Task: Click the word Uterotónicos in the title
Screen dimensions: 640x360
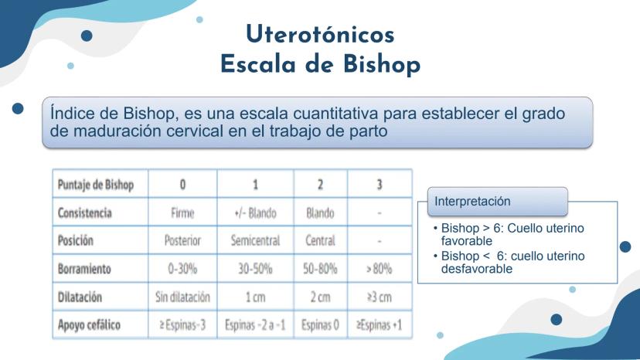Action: click(321, 34)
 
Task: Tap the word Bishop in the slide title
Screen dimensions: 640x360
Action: click(382, 65)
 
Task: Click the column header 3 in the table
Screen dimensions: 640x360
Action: click(380, 185)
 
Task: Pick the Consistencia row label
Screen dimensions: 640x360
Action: click(84, 212)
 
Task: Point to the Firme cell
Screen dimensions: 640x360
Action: click(182, 212)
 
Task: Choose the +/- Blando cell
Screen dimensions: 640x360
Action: click(255, 212)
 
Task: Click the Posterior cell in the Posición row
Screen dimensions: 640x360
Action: click(182, 240)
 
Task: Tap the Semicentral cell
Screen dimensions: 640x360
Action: click(255, 240)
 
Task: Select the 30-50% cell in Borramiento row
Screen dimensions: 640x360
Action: click(255, 269)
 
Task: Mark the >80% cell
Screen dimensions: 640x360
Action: click(380, 269)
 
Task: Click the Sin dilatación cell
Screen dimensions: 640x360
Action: click(182, 297)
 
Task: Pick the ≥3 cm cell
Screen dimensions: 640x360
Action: click(380, 297)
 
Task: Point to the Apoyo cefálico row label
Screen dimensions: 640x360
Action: click(89, 325)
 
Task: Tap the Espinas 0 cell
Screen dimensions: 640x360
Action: click(321, 325)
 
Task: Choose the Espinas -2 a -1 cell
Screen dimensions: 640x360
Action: click(255, 325)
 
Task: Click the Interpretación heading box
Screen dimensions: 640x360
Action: click(498, 201)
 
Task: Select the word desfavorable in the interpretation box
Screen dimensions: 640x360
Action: click(477, 269)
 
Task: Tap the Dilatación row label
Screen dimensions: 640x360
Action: click(80, 297)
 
